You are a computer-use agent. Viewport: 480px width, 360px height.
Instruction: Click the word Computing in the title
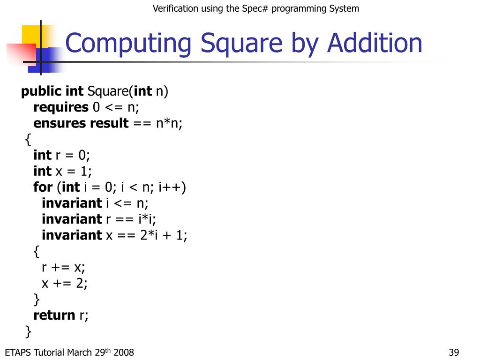coord(128,44)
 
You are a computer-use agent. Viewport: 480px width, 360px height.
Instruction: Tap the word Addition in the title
coord(375,43)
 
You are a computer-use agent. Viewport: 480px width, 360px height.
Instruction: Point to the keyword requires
coord(61,107)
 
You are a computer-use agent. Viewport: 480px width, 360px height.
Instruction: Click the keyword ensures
coord(60,123)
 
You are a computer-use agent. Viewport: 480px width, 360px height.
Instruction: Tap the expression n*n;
coord(169,123)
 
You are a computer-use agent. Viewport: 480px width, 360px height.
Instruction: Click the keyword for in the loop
coord(43,187)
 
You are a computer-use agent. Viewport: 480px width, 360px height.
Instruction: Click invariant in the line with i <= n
coord(71,203)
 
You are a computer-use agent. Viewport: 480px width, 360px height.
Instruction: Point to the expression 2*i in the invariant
coord(150,235)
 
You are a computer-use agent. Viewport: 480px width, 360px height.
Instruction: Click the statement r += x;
coord(64,267)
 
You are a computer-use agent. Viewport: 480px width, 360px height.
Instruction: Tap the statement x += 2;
coord(65,283)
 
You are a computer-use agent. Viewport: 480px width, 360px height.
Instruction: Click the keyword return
coord(54,315)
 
